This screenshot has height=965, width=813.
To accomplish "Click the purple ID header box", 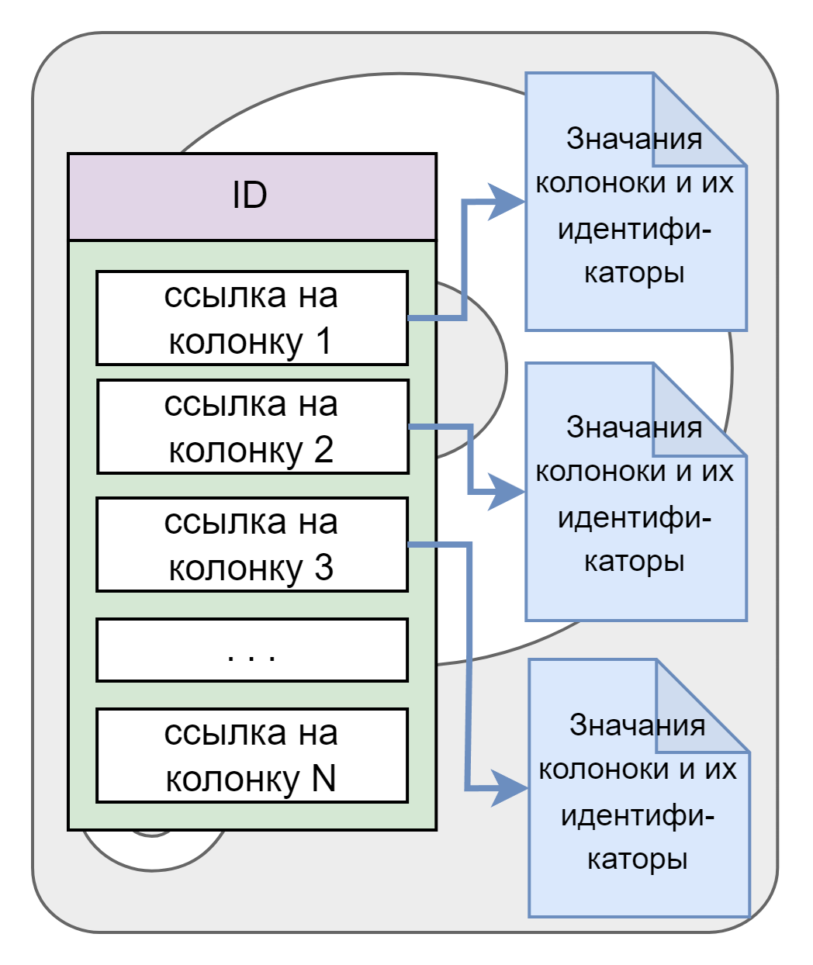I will coord(252,196).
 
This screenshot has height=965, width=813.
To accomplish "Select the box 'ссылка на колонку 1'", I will coord(252,318).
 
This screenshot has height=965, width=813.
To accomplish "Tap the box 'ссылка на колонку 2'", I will coord(252,427).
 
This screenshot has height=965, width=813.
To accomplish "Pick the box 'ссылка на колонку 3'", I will coord(252,545).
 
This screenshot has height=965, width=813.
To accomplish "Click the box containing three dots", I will coord(252,650).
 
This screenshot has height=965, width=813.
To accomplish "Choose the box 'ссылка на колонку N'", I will coord(252,756).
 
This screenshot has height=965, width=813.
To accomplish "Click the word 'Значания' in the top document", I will coord(634,140).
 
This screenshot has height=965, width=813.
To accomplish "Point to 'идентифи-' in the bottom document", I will coord(637,816).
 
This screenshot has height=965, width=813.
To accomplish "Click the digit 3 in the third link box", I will coord(323,569).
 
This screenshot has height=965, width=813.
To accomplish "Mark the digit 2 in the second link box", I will coord(323,451).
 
